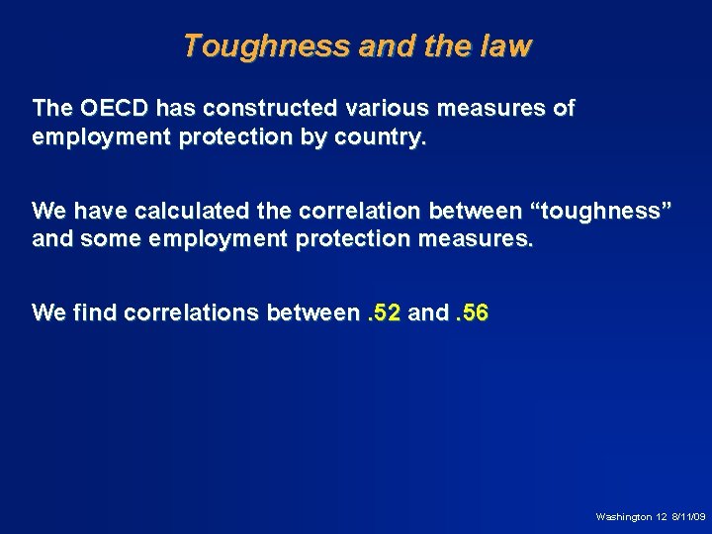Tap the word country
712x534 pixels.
[379, 138]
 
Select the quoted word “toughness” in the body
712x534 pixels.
[598, 211]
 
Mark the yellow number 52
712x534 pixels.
[388, 313]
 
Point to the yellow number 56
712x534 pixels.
[475, 313]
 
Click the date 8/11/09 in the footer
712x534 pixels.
[688, 516]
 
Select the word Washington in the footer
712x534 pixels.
[623, 516]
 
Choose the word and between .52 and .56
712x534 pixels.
[427, 313]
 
